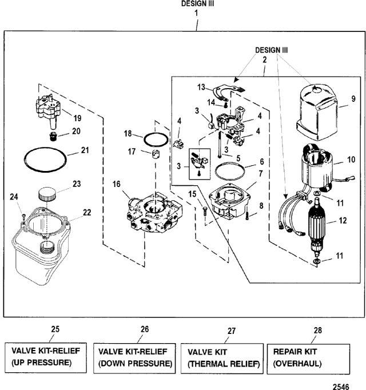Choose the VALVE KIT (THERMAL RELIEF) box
tap(221, 357)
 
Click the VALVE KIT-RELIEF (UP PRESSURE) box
tap(46, 357)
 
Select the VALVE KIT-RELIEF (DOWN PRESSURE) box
tap(135, 357)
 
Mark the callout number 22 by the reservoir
tap(87, 212)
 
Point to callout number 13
tap(201, 87)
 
